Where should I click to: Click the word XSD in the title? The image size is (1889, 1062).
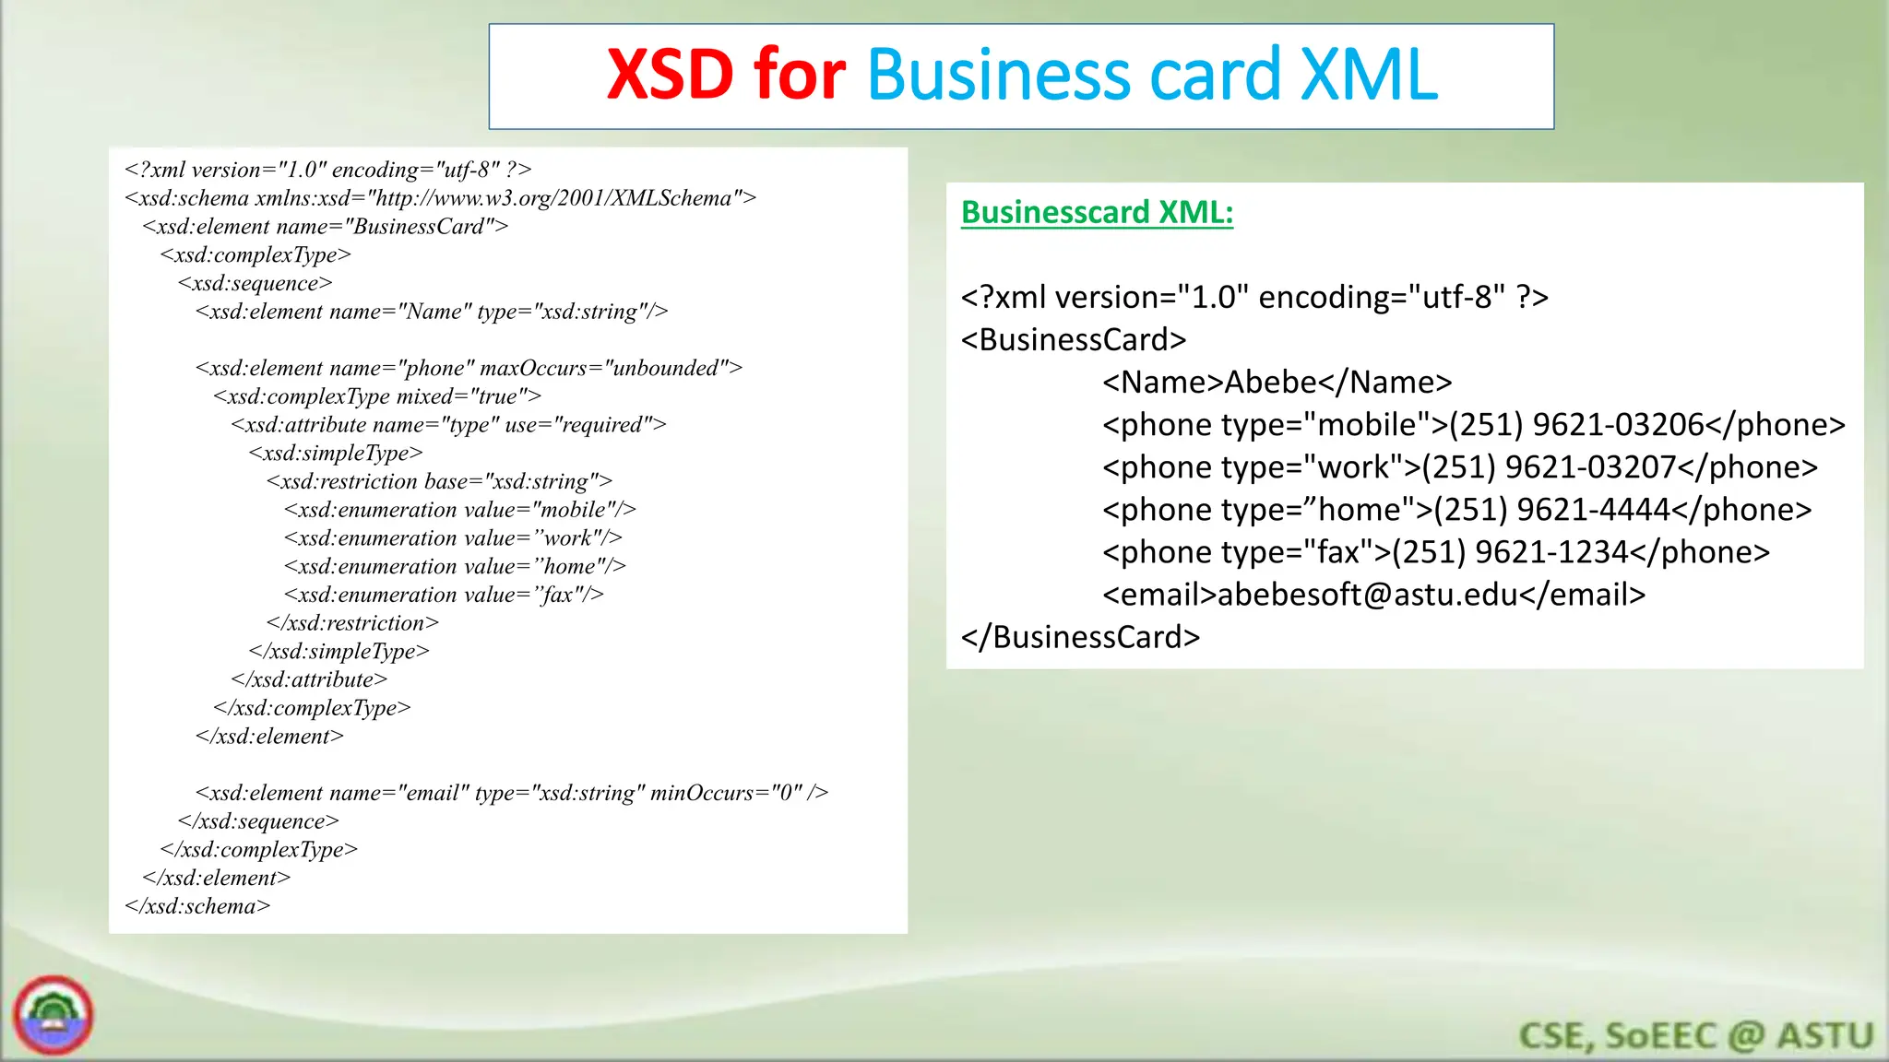tap(670, 75)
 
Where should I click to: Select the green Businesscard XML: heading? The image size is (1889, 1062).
tap(1097, 212)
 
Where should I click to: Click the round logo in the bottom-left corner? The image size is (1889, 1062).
tap(53, 1015)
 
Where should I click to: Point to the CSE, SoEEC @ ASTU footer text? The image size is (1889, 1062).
tap(1695, 1035)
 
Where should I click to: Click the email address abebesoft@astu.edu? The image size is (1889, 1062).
tap(1367, 595)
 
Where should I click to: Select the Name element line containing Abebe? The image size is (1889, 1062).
tap(1277, 383)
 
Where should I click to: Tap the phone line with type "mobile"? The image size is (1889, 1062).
tap(1473, 425)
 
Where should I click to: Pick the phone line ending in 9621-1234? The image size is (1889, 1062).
tap(1435, 552)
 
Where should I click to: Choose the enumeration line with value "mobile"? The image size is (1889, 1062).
tap(459, 510)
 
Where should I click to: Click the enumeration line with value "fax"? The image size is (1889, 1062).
tap(444, 595)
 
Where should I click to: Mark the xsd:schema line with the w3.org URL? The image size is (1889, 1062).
tap(440, 198)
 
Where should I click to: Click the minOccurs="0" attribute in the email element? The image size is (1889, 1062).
tap(727, 793)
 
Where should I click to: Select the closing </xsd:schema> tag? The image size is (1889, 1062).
tap(197, 906)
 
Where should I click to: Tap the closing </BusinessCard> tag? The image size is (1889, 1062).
tap(1080, 637)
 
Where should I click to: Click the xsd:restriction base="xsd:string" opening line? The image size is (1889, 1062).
tap(439, 481)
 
